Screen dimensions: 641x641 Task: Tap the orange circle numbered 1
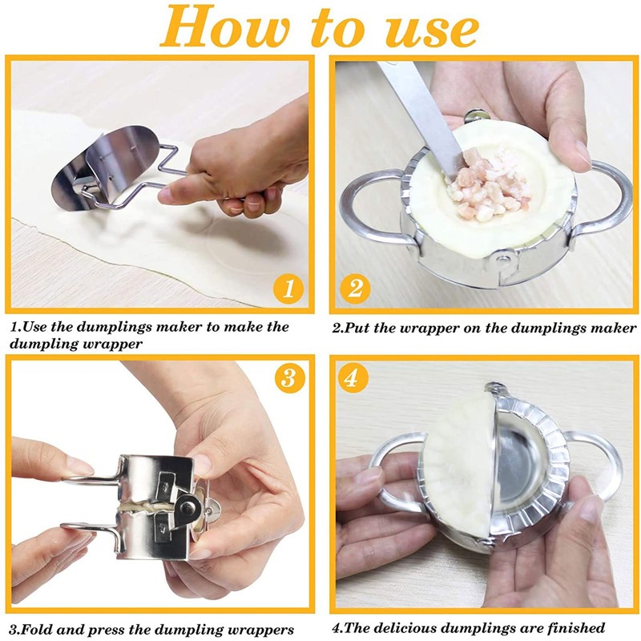point(288,288)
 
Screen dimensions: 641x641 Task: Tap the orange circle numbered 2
point(355,288)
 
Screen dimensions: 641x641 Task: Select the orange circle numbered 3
point(289,378)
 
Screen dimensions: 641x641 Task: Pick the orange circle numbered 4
point(353,378)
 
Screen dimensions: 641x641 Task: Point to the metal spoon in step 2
point(421,115)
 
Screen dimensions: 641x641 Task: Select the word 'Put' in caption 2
point(357,329)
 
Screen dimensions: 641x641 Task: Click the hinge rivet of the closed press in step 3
point(188,508)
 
